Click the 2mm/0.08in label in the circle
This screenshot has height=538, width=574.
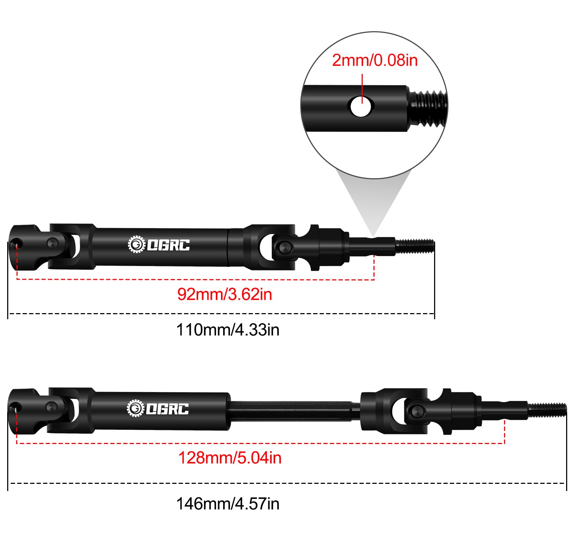pyautogui.click(x=375, y=60)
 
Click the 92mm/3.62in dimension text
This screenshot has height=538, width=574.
pyautogui.click(x=225, y=294)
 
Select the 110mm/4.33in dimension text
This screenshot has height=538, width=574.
pyautogui.click(x=228, y=330)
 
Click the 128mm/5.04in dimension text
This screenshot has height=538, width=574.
pyautogui.click(x=230, y=458)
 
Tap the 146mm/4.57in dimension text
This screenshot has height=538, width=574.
pyautogui.click(x=228, y=504)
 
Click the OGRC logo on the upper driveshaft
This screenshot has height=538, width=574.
pyautogui.click(x=159, y=245)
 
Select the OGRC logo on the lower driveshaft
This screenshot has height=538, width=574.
pyautogui.click(x=158, y=409)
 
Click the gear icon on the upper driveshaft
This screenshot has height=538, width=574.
pyautogui.click(x=136, y=245)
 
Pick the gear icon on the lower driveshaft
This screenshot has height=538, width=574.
pyautogui.click(x=136, y=409)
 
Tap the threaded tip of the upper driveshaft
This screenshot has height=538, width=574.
pyautogui.click(x=415, y=246)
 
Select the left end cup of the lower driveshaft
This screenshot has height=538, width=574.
pyautogui.click(x=24, y=410)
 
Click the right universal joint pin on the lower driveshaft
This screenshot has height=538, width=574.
pyautogui.click(x=416, y=410)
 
